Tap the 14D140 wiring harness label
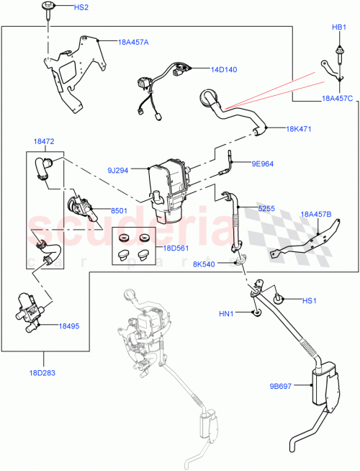[x=225, y=70]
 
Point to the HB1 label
[x=339, y=27]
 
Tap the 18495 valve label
[x=70, y=326]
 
